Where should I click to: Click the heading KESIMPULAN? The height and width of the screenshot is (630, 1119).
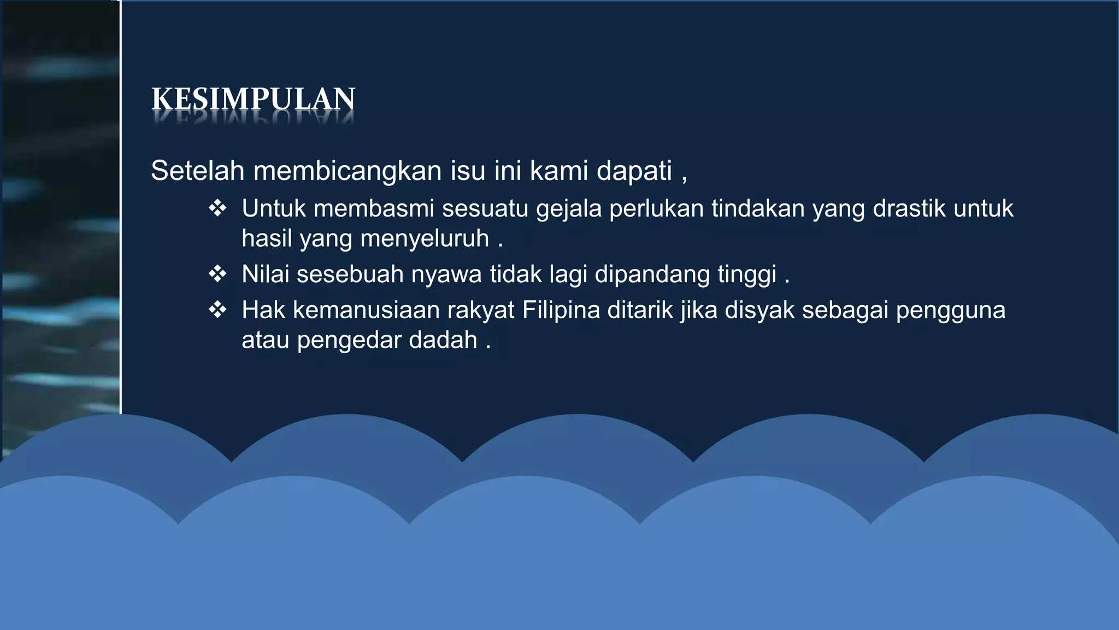coord(253,99)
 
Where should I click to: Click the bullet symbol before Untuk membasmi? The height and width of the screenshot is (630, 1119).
coord(217,208)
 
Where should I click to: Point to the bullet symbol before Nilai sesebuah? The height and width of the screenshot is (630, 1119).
coord(217,274)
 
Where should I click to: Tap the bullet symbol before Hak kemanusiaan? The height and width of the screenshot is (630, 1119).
coord(217,310)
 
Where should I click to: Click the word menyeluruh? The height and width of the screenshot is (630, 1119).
coord(425,239)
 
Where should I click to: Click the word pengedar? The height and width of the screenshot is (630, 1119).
coord(349,341)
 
